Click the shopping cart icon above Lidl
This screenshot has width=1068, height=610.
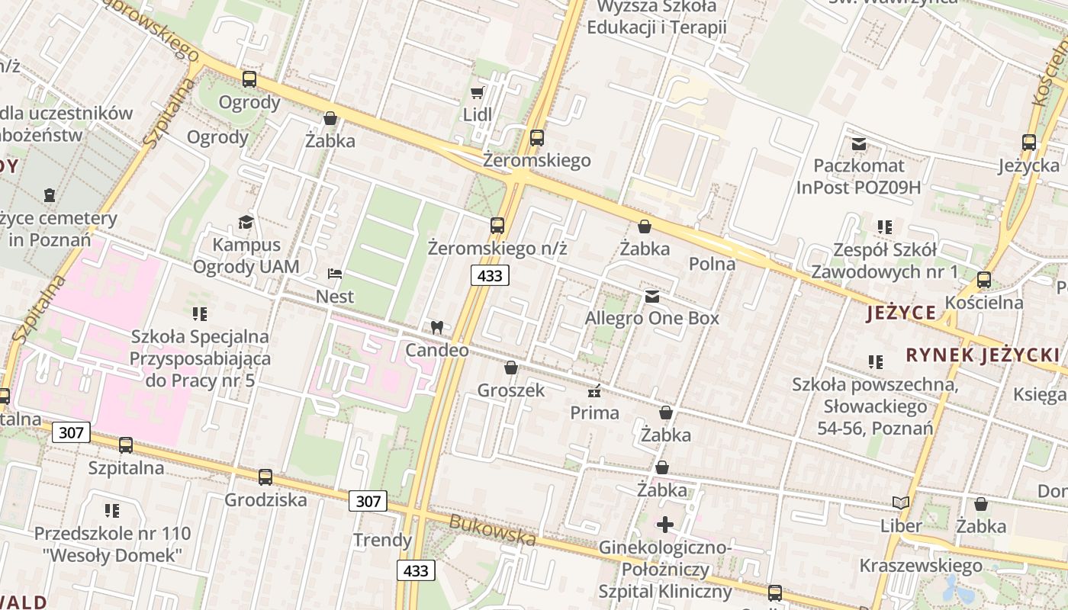[478, 93]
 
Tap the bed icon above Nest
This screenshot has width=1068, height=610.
[334, 273]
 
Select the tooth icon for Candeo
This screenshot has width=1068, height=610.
[437, 328]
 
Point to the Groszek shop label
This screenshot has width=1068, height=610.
[511, 390]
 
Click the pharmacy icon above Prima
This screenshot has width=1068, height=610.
[594, 392]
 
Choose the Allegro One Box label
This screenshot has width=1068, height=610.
[652, 318]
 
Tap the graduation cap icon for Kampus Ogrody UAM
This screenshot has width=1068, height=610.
[246, 223]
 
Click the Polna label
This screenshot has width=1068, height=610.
[712, 264]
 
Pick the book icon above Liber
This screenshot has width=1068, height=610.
[901, 503]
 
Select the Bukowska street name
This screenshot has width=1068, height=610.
[492, 529]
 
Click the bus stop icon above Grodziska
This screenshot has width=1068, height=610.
[265, 477]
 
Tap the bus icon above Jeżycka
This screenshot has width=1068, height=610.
[1029, 143]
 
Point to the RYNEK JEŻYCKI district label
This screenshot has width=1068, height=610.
[983, 355]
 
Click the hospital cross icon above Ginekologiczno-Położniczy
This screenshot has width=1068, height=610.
[665, 525]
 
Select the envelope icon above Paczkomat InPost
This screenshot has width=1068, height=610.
[859, 143]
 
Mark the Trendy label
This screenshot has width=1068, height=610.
[382, 541]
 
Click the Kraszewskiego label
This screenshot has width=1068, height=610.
[921, 566]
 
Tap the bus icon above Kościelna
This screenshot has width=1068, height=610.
[984, 280]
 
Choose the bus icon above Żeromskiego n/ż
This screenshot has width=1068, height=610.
[497, 226]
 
